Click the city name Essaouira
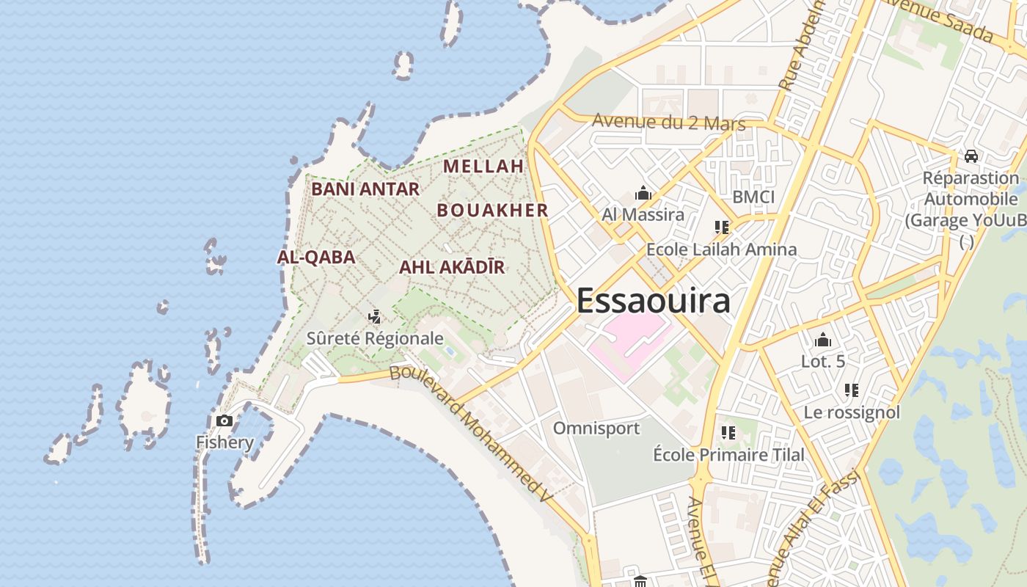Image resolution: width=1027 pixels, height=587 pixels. click(653, 301)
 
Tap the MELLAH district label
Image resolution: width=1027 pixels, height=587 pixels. click(483, 166)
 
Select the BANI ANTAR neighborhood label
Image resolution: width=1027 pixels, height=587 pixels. click(365, 189)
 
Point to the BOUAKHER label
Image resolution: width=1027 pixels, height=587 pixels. click(493, 210)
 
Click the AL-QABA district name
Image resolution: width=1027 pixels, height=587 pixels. click(316, 257)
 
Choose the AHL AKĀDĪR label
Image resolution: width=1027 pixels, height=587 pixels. click(452, 267)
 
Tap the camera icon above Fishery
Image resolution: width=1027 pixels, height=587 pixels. click(224, 420)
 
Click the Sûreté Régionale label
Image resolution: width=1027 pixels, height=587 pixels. click(375, 338)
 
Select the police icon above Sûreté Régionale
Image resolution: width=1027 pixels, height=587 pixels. click(375, 317)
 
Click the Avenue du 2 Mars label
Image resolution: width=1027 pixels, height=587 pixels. click(668, 122)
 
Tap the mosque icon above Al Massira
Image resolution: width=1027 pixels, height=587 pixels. click(643, 194)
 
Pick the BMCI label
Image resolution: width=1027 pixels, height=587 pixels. click(753, 197)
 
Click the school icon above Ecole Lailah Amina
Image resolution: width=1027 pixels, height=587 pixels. click(721, 227)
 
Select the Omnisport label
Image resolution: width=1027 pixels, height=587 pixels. click(596, 428)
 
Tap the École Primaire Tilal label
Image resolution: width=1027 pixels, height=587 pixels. click(728, 455)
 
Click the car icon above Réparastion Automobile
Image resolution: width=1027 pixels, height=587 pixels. click(971, 156)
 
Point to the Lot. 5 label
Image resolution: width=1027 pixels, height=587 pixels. click(823, 361)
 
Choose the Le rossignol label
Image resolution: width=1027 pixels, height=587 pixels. click(852, 412)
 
